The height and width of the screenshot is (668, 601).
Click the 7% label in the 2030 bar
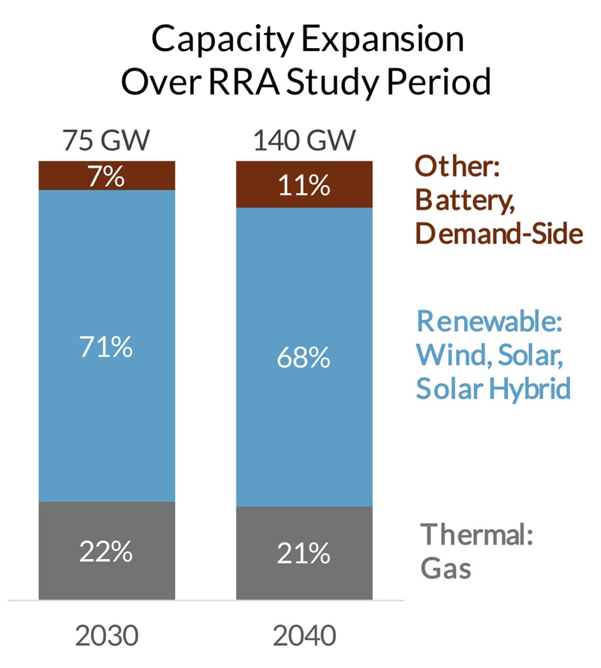[x=106, y=178]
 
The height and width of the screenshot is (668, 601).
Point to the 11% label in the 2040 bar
[x=304, y=186]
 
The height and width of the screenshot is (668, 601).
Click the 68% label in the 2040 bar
[x=304, y=358]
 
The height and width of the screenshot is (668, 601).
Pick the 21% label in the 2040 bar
[x=304, y=555]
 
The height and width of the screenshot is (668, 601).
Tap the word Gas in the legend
[x=445, y=569]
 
